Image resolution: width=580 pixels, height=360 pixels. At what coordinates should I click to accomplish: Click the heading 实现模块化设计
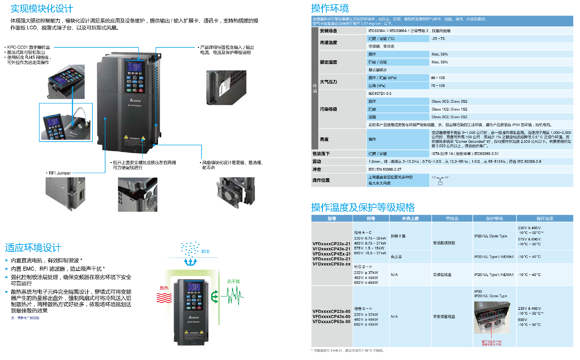[42, 9]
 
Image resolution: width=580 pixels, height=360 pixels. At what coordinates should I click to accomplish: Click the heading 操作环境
[330, 8]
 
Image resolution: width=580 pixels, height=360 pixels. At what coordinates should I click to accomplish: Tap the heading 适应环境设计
[33, 248]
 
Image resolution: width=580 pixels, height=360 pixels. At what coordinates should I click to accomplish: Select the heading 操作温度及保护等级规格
[363, 207]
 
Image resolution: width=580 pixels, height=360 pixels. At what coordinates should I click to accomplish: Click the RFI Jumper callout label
[60, 173]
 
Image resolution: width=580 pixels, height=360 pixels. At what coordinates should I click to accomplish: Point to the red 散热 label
[164, 288]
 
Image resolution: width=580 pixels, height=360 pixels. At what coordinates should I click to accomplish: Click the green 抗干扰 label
[234, 281]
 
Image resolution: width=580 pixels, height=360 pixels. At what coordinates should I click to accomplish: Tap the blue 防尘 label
[205, 251]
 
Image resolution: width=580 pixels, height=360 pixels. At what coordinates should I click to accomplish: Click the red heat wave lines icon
[164, 298]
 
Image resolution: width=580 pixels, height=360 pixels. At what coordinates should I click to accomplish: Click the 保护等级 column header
[494, 218]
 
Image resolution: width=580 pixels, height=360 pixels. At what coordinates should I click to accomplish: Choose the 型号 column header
[332, 218]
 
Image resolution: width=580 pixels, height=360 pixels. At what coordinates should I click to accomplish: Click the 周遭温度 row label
[328, 43]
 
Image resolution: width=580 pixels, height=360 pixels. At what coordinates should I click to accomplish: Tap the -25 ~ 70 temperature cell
[438, 39]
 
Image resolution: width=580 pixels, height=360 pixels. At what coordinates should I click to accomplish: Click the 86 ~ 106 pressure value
[438, 78]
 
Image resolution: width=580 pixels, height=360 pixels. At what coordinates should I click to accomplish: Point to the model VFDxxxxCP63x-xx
[331, 264]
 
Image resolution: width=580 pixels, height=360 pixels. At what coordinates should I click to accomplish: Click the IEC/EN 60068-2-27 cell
[385, 169]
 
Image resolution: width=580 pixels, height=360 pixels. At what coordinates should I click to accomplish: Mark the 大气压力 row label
[328, 82]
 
